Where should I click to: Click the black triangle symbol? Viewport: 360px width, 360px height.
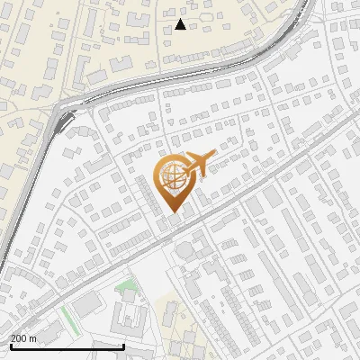click(180, 24)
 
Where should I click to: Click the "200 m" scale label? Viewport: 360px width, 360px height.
click(24, 338)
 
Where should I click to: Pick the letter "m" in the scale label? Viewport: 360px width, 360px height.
click(34, 338)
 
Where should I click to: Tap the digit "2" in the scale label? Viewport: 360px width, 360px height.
click(13, 338)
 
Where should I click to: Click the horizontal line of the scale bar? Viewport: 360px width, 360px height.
click(67, 346)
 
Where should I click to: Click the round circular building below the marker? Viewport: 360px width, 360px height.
click(184, 249)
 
